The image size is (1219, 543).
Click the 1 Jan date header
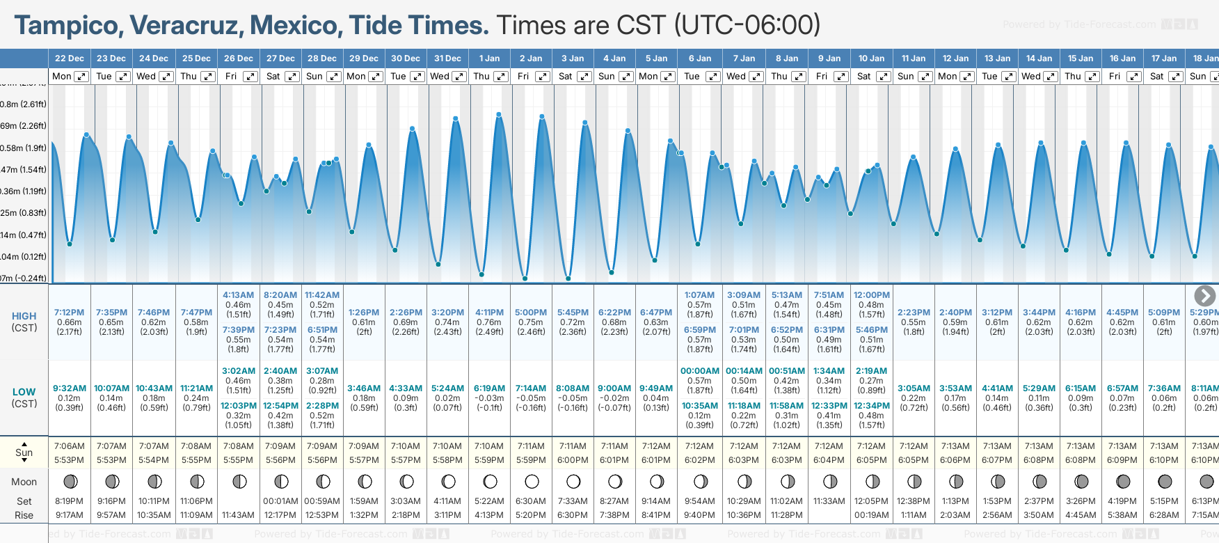[x=489, y=58]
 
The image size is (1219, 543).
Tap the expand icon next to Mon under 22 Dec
[x=81, y=77]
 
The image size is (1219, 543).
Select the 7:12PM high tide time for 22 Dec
[x=69, y=313]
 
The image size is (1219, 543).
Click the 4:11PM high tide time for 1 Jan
[x=489, y=313]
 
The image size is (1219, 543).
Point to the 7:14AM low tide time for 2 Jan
[x=531, y=388]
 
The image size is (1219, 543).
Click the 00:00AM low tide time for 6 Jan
[x=699, y=371]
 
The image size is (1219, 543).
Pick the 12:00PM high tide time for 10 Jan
[x=871, y=295]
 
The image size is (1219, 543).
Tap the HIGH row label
[x=24, y=316]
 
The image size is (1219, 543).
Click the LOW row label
[x=24, y=392]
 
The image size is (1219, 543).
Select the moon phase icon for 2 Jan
[x=532, y=481]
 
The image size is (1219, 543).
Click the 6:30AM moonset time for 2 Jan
[x=531, y=501]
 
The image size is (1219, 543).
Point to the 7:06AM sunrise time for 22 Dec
[x=69, y=446]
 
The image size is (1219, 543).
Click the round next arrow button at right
[x=1204, y=296]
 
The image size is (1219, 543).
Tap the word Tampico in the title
[x=67, y=26]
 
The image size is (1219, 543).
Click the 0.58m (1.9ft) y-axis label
[x=23, y=148]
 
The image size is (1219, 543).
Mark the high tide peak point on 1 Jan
[x=498, y=115]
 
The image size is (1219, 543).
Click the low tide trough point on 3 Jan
[x=568, y=278]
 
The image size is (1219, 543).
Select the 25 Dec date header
[x=196, y=58]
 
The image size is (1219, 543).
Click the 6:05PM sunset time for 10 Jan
[x=871, y=460]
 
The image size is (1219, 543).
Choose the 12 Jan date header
[x=955, y=58]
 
